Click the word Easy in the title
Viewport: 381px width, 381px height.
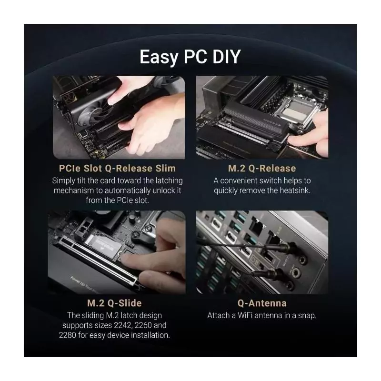click(x=159, y=58)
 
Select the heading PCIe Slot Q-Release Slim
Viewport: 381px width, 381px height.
click(x=117, y=168)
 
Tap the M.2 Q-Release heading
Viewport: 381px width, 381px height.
click(x=262, y=168)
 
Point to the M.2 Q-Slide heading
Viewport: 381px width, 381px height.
click(x=114, y=303)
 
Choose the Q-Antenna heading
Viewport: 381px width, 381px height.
click(x=262, y=303)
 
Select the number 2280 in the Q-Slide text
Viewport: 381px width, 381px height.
click(x=68, y=335)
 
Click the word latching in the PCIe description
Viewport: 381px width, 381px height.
click(x=170, y=181)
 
